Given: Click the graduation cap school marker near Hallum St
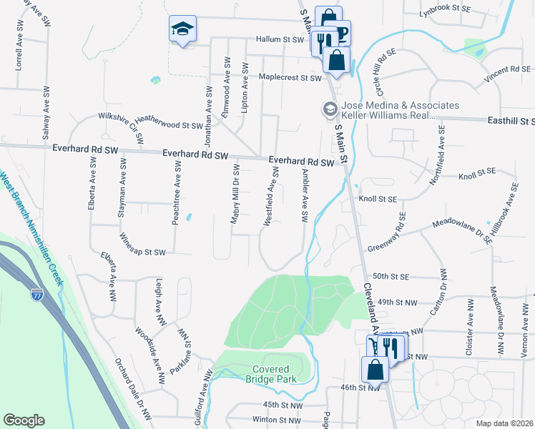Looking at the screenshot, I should click(182, 29).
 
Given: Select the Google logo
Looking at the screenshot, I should click(24, 420).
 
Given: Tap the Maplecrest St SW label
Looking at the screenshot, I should click(291, 77).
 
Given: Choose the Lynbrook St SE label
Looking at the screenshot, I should click(446, 10).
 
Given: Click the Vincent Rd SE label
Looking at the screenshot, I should click(510, 70).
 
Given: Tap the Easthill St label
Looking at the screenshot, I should click(511, 122).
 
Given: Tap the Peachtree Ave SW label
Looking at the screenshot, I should click(175, 193).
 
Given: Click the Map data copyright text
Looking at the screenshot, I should click(504, 423).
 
